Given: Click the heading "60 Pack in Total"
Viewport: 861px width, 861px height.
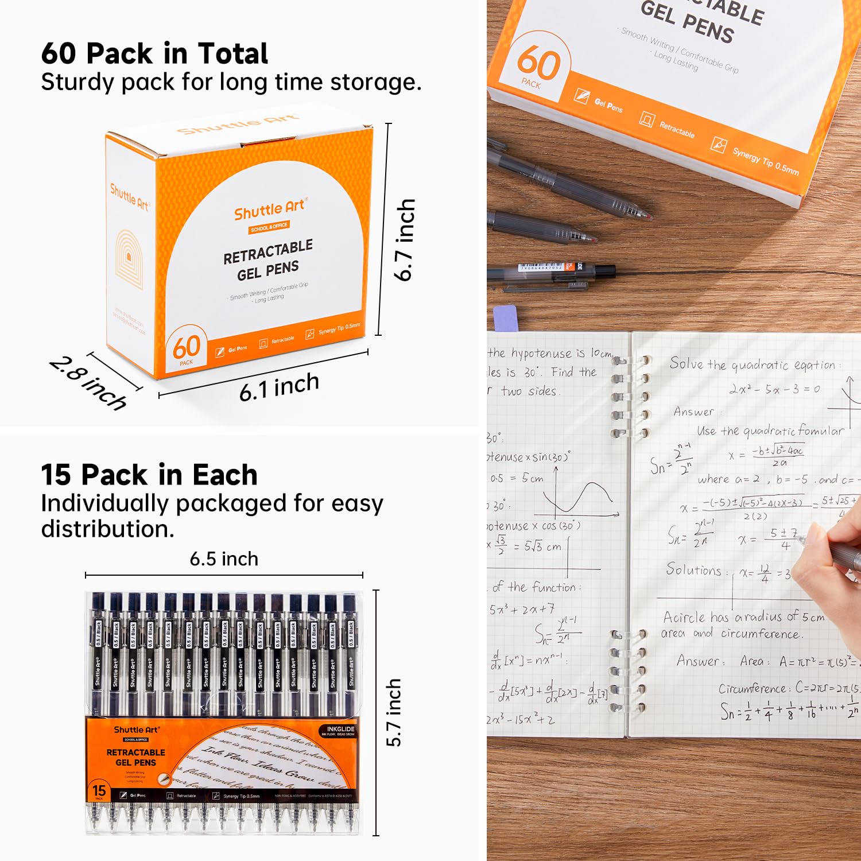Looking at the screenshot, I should tap(154, 53).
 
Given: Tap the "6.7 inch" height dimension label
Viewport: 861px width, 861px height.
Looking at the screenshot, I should tap(405, 239).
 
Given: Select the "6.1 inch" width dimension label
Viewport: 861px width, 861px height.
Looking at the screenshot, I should tap(279, 387).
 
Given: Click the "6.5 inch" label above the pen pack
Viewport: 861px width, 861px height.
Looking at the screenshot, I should tap(224, 559).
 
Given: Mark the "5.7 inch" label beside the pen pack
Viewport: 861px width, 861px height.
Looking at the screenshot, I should tap(394, 712).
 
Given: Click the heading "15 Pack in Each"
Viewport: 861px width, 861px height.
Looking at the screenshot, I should tap(149, 475).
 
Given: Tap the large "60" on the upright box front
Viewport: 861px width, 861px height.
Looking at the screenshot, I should tap(187, 347).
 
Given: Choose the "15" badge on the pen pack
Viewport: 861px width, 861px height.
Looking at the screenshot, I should tap(99, 790).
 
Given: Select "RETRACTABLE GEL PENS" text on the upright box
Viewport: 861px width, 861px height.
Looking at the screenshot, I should tap(268, 260).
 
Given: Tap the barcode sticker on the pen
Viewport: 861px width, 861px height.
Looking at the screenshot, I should tap(540, 267).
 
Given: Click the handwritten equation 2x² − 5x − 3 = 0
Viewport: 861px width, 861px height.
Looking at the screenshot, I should tap(774, 389).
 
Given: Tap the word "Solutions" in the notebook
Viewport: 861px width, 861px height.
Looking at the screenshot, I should tap(693, 569).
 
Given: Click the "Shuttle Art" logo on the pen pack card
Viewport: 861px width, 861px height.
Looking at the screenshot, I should tap(136, 730).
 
